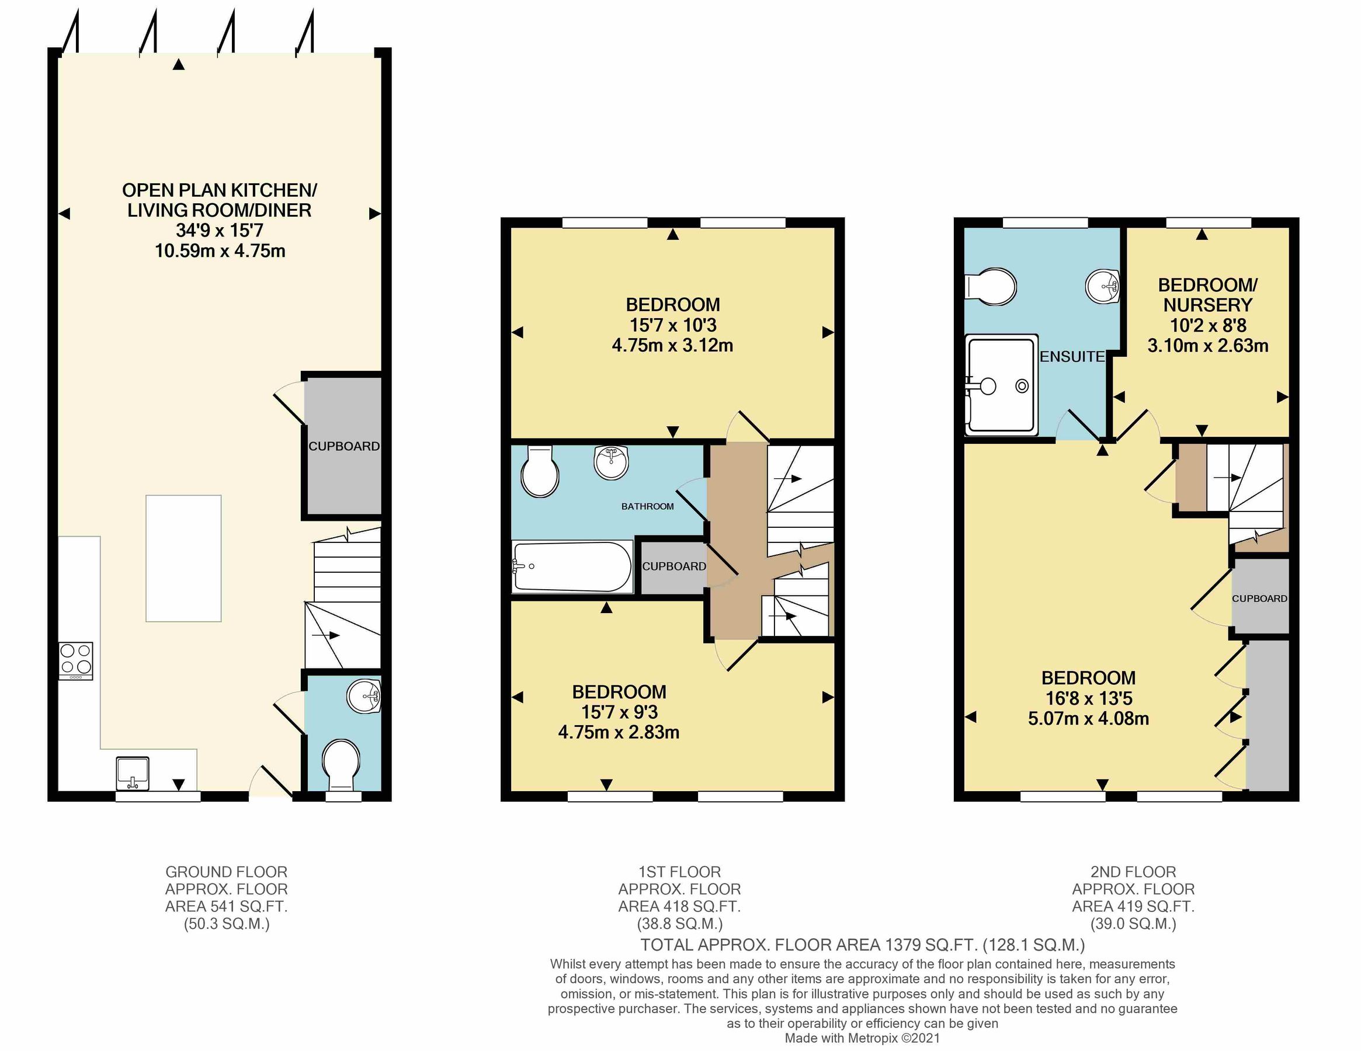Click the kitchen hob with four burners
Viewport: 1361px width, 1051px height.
pyautogui.click(x=76, y=661)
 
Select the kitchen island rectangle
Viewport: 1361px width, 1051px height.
pyautogui.click(x=183, y=558)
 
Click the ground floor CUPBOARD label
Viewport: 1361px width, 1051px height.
pyautogui.click(x=344, y=446)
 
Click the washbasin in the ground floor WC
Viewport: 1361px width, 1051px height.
pyautogui.click(x=363, y=697)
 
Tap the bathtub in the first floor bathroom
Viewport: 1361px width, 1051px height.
pyautogui.click(x=571, y=566)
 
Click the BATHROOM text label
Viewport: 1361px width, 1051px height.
pyautogui.click(x=647, y=506)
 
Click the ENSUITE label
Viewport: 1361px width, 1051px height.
pyautogui.click(x=1072, y=357)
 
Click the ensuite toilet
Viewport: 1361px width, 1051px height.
pyautogui.click(x=991, y=287)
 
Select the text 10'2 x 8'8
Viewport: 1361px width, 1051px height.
pyautogui.click(x=1208, y=325)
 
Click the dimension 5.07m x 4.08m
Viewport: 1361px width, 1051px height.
pyautogui.click(x=1088, y=718)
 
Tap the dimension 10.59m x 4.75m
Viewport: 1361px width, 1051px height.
pyautogui.click(x=220, y=251)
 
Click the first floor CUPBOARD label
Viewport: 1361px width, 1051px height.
pyautogui.click(x=673, y=566)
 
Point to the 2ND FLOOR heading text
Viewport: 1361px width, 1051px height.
pyautogui.click(x=1133, y=872)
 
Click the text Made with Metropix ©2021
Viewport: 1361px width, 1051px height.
pyautogui.click(x=862, y=1038)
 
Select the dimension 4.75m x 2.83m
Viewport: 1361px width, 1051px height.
pyautogui.click(x=618, y=732)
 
